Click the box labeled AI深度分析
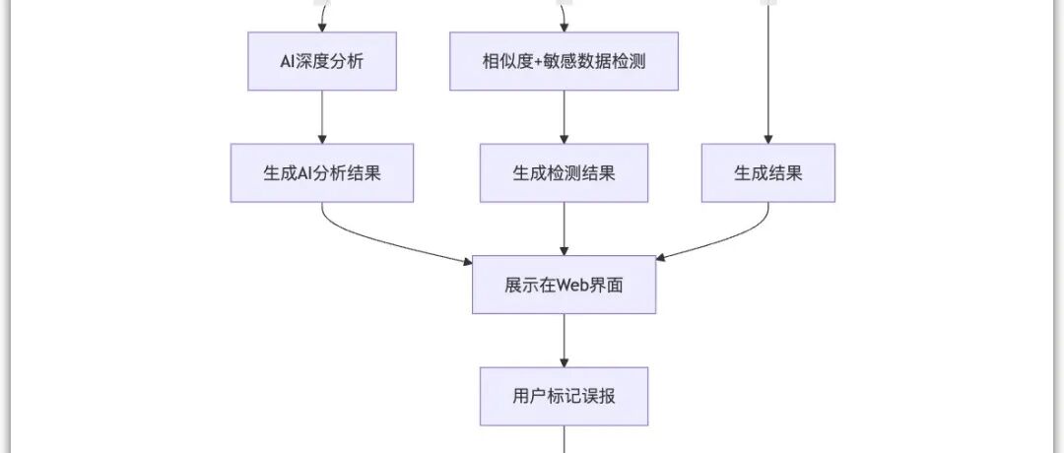(x=322, y=61)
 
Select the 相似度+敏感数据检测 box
(x=564, y=61)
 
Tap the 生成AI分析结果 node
(x=322, y=173)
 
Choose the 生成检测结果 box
(x=564, y=173)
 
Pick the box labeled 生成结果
(x=767, y=173)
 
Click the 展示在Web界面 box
(x=564, y=285)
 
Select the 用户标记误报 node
(x=564, y=397)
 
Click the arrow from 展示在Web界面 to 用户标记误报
(x=564, y=340)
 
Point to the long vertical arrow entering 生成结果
(x=767, y=79)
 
